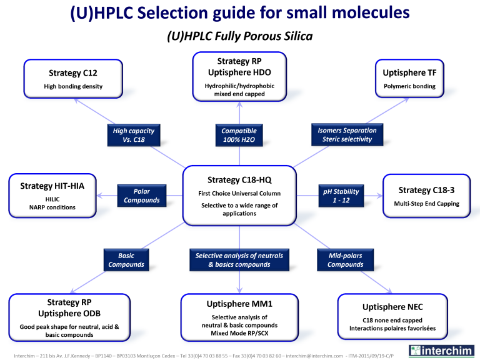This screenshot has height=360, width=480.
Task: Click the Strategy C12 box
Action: tap(73, 79)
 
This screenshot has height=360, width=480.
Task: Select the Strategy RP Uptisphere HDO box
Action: tap(240, 77)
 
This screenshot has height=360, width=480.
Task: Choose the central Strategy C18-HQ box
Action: tap(240, 195)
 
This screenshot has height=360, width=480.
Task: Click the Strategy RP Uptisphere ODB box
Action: tap(73, 317)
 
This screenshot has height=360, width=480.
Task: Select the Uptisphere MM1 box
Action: tap(240, 317)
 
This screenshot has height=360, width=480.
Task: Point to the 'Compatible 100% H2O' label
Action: tap(239, 135)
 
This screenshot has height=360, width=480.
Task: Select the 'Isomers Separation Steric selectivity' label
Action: tap(347, 135)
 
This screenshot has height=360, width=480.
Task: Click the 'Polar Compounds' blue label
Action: tap(141, 196)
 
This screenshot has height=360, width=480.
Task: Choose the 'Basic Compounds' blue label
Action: tap(126, 260)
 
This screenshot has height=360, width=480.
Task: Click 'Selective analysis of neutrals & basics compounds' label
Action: tap(239, 260)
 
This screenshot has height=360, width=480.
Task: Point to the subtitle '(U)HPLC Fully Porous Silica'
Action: tap(240, 37)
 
